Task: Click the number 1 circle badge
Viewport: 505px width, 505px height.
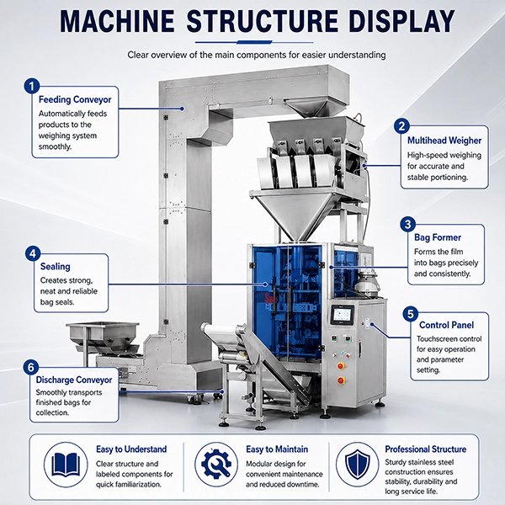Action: point(32,87)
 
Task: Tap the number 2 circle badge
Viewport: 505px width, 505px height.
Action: point(401,126)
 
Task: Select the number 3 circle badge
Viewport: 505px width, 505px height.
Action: point(408,224)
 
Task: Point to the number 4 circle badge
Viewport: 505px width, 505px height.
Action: point(33,254)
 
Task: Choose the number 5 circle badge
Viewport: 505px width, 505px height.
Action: point(411,314)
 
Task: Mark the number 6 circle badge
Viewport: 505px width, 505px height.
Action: point(31,368)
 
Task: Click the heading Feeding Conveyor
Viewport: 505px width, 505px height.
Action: point(75,99)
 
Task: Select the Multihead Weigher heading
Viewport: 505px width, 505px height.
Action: point(444,141)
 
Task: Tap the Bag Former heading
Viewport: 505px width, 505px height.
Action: point(438,237)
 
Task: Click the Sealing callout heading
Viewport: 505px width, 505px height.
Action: point(56,267)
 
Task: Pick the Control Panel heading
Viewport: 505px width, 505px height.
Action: point(446,325)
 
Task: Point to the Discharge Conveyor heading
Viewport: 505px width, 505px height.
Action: point(74,380)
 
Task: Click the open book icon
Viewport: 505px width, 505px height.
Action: point(66,465)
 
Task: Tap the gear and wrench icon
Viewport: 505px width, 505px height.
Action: point(216,464)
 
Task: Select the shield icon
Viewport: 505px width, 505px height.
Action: point(358,465)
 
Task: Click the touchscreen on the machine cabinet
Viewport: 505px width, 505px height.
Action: point(343,315)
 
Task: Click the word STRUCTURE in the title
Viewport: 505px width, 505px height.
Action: point(263,21)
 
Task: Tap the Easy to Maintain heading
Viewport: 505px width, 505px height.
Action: point(277,449)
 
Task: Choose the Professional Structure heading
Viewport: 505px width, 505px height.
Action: point(426,449)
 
